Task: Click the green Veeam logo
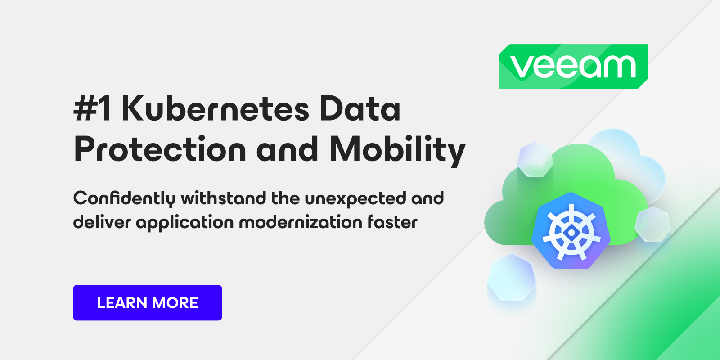[x=573, y=67]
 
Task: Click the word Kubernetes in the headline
[x=216, y=109]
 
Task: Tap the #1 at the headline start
[x=92, y=109]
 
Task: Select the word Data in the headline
[x=360, y=109]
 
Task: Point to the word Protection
[x=160, y=149]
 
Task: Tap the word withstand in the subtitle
[x=223, y=198]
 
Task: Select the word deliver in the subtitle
[x=102, y=222]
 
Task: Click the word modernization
[x=301, y=222]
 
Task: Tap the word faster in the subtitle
[x=392, y=222]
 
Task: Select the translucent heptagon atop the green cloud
[x=535, y=159]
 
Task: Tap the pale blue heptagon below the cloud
[x=512, y=278]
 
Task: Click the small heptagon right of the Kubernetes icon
[x=653, y=225]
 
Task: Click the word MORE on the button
[x=175, y=303]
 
